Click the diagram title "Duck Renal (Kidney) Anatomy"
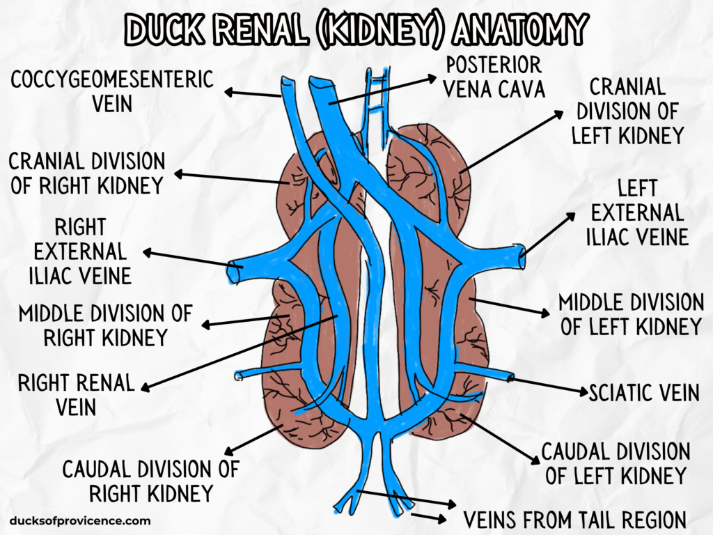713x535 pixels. click(356, 29)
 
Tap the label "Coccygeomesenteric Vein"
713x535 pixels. click(111, 91)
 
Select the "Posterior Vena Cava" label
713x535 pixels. click(494, 77)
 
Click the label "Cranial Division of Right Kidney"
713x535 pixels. click(86, 173)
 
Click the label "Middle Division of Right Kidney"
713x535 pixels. click(105, 325)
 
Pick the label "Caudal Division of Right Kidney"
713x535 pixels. click(150, 481)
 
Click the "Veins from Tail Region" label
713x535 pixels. click(574, 519)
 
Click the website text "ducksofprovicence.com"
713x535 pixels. click(80, 520)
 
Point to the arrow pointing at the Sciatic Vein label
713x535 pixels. click(550, 386)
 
